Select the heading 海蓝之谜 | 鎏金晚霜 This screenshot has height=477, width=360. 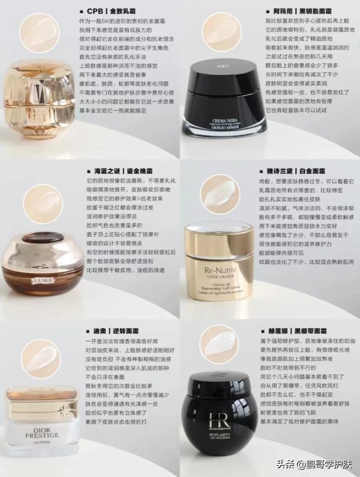click(x=119, y=171)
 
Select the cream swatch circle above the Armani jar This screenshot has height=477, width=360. click(x=222, y=32)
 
